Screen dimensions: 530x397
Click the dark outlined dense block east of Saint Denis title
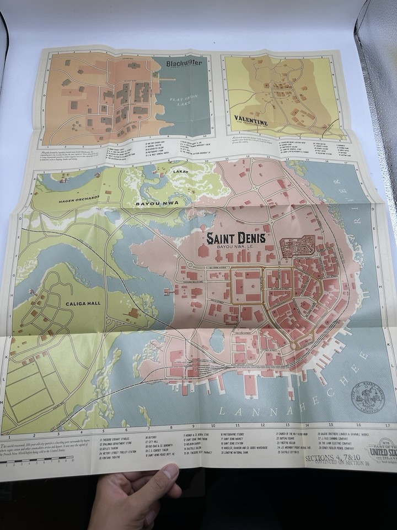[x=297, y=246]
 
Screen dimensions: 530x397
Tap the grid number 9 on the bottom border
[x=193, y=426]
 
